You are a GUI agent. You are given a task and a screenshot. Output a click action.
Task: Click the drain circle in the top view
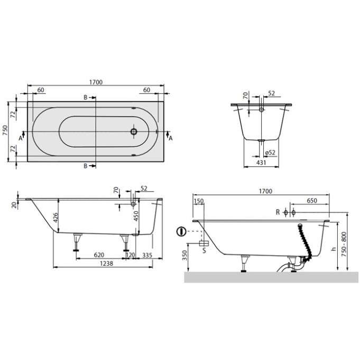pyautogui.click(x=134, y=132)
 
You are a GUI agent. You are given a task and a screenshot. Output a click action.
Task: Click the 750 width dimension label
pyautogui.click(x=5, y=130)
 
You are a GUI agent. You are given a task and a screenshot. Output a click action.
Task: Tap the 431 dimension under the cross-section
pyautogui.click(x=261, y=163)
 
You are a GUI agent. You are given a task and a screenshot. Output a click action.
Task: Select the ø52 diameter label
pyautogui.click(x=270, y=152)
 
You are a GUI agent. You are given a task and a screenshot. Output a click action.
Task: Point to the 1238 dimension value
pyautogui.click(x=106, y=264)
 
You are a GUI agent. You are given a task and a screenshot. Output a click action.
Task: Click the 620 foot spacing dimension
pyautogui.click(x=99, y=255)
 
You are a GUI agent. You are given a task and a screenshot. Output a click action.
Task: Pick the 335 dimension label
pyautogui.click(x=147, y=255)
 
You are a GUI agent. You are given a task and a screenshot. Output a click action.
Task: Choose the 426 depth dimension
pyautogui.click(x=56, y=218)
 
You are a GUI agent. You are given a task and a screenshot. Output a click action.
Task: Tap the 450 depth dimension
pyautogui.click(x=136, y=216)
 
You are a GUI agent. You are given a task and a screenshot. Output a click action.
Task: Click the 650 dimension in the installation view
pyautogui.click(x=312, y=201)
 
